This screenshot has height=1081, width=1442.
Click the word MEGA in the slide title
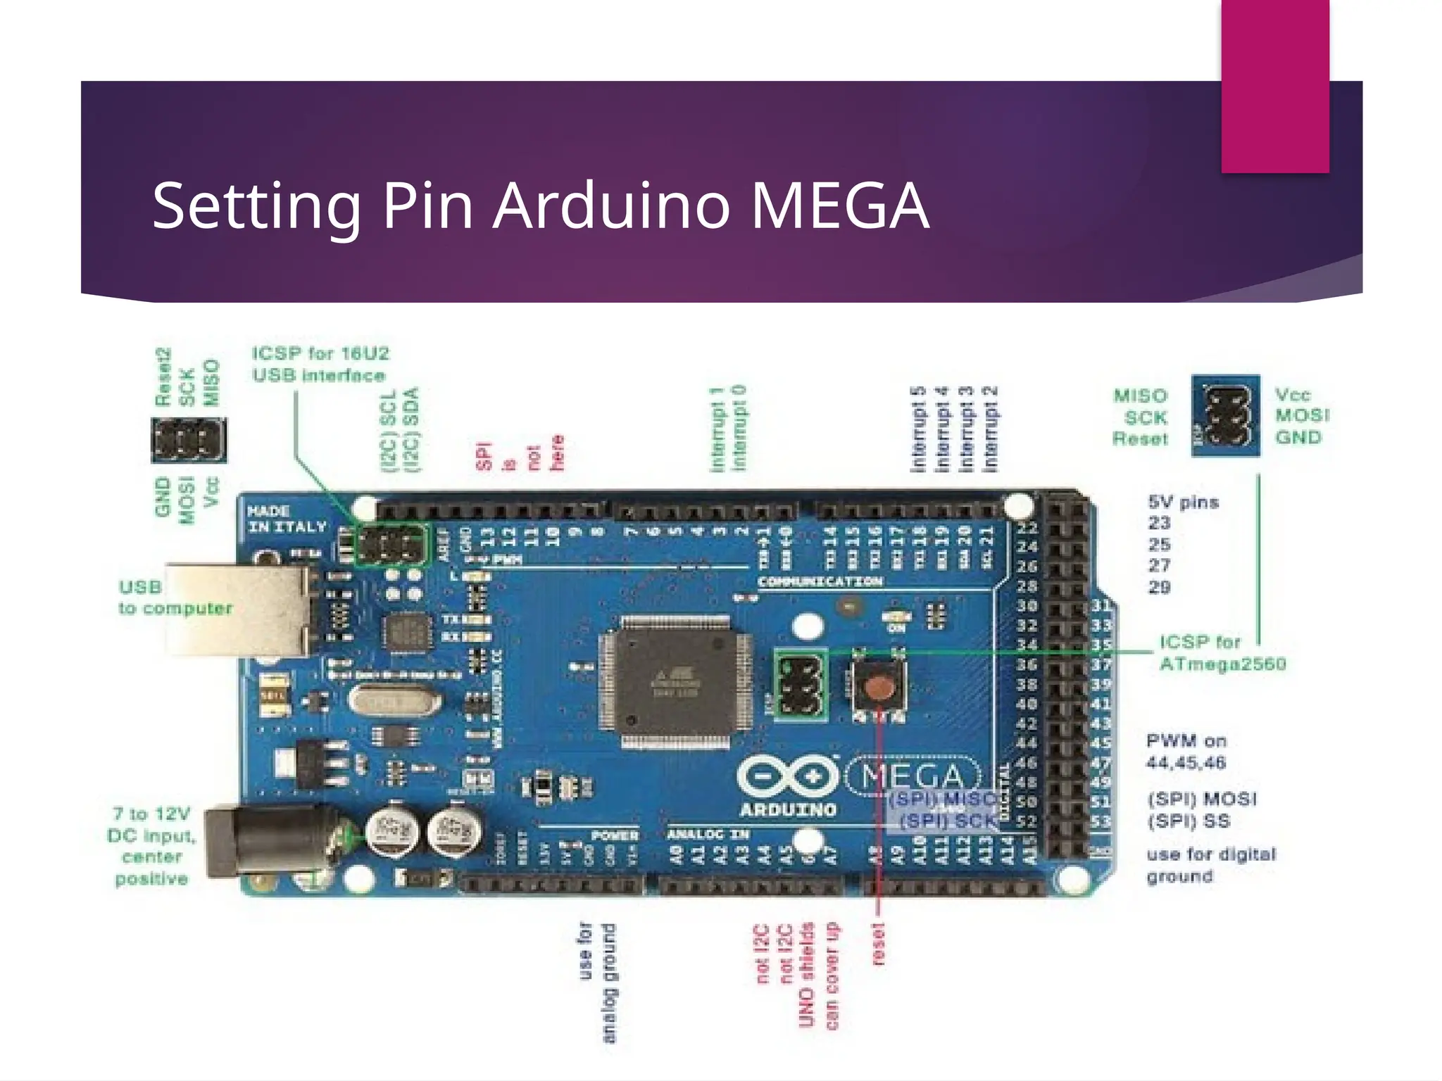[x=839, y=206]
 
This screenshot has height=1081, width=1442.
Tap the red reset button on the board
[x=877, y=686]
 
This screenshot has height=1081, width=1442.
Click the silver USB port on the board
[x=239, y=609]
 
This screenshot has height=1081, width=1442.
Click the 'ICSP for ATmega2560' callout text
[x=1222, y=653]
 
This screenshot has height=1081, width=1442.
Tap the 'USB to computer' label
[x=175, y=598]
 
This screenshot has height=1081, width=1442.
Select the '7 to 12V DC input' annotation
[x=152, y=846]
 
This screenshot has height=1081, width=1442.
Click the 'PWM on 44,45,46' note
[x=1186, y=752]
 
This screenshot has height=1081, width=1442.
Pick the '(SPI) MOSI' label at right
[x=1201, y=799]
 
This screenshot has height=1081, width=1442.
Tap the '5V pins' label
[x=1183, y=502]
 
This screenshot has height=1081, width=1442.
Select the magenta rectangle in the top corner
[x=1275, y=84]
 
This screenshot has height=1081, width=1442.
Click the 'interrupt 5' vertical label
[x=918, y=429]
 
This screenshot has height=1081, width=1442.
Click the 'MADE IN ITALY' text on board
[x=287, y=519]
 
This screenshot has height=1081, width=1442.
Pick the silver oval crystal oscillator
[x=394, y=701]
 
